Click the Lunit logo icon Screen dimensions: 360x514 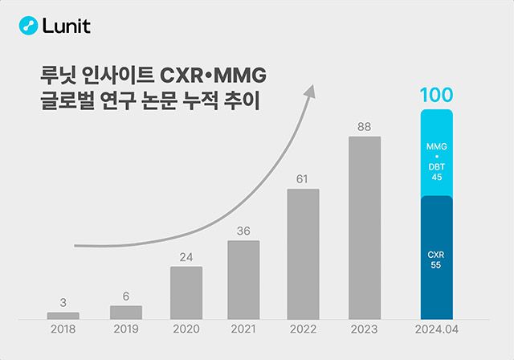[x=29, y=26]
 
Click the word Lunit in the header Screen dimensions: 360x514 [x=67, y=26]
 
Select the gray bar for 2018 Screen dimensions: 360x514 [x=63, y=315]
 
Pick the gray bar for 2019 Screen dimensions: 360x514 [x=125, y=312]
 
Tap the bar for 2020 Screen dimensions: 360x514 [x=186, y=292]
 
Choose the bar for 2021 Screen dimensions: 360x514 [x=243, y=279]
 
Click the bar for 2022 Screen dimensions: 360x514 [x=303, y=253]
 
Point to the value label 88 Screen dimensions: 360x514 [x=363, y=126]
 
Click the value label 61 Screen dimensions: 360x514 [x=303, y=178]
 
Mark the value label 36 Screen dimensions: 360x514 [x=243, y=231]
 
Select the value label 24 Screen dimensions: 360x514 [x=186, y=257]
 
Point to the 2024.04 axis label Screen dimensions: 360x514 [x=437, y=329]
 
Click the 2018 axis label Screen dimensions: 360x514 [x=63, y=329]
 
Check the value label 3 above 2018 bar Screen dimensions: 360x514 [x=63, y=302]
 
